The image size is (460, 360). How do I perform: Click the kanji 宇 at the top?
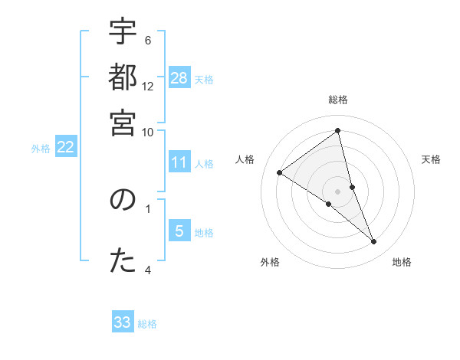[x=123, y=33]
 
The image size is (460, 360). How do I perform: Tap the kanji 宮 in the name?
[x=123, y=123]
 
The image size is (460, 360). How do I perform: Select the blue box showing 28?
[x=179, y=77]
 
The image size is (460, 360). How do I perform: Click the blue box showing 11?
[x=179, y=162]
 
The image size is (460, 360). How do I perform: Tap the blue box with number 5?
[x=179, y=231]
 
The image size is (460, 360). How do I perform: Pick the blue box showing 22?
[x=65, y=148]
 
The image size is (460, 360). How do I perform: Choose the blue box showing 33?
[x=123, y=322]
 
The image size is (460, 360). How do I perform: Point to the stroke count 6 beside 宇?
[x=148, y=40]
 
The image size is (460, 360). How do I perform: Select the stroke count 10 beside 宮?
[x=148, y=132]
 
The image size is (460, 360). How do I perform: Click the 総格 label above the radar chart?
[x=338, y=100]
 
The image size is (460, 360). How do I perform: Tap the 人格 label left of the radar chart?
[x=245, y=159]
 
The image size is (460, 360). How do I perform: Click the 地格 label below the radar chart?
[x=402, y=262]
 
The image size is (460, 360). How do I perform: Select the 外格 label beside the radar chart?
[x=270, y=262]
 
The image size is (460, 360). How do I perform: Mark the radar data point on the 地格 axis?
[x=374, y=242]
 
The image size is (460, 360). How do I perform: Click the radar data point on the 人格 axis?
[x=280, y=173]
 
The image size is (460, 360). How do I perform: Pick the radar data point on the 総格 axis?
[x=338, y=131]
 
